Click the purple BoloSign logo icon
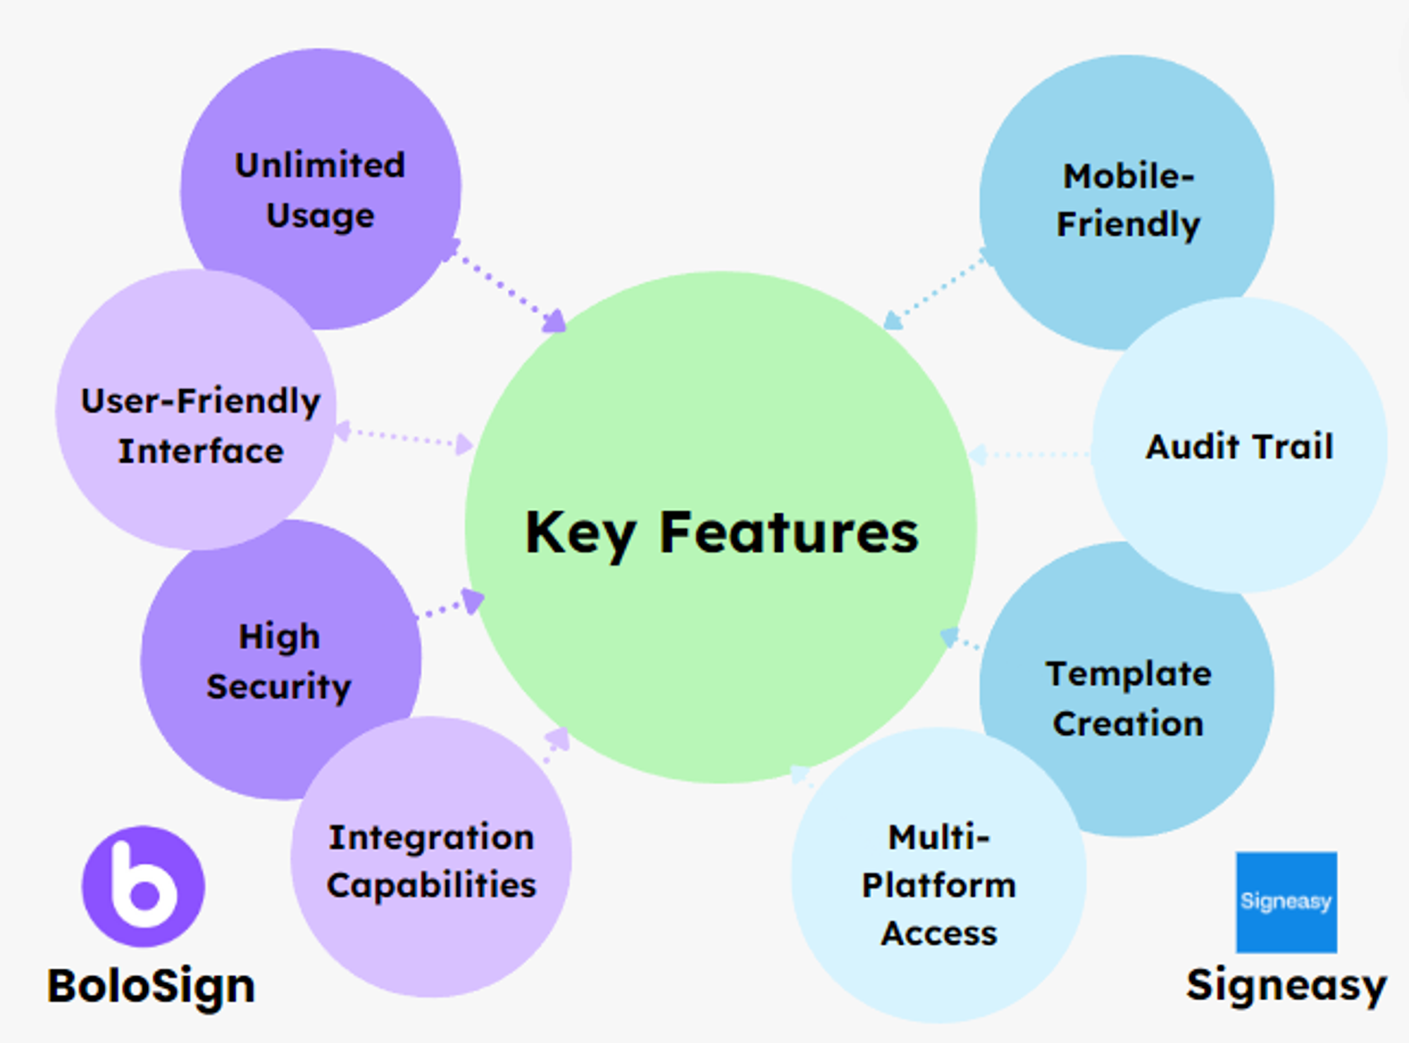pos(144,887)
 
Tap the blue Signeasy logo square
pos(1286,902)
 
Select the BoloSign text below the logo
pos(151,987)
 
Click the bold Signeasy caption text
pos(1286,985)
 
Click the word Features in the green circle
pos(789,533)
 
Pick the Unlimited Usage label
pos(321,190)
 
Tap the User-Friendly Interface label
pos(200,426)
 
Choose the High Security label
pos(279,661)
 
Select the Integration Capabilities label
pos(431,861)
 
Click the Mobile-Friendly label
pos(1128,200)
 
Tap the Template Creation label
pos(1129,698)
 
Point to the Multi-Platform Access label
pos(939,885)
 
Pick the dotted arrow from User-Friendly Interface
pos(405,438)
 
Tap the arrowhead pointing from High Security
pos(473,600)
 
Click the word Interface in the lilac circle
pos(200,451)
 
